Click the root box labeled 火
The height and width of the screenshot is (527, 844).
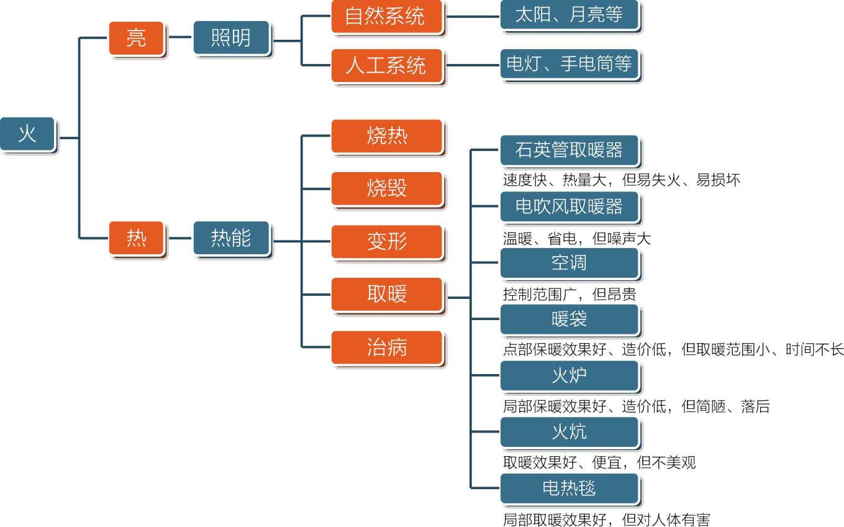(27, 134)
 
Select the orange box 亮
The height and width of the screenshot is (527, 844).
(137, 39)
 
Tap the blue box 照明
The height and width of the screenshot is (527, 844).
(232, 39)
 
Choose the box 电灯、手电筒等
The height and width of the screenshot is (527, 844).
(569, 64)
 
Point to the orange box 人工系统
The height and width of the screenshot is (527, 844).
(387, 65)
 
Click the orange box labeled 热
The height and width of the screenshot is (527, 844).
(137, 238)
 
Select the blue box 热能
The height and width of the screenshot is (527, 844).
(232, 238)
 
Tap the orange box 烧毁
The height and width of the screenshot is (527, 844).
(387, 188)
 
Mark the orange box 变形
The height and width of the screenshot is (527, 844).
(387, 241)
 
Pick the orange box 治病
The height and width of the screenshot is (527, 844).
(387, 347)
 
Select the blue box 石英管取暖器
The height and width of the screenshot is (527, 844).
(569, 150)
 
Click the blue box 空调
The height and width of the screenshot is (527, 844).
(569, 263)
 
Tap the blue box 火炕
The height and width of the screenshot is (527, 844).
(569, 432)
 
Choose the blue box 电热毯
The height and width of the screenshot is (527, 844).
(569, 488)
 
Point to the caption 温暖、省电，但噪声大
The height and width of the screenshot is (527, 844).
(576, 239)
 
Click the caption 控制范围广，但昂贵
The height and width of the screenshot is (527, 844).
(569, 294)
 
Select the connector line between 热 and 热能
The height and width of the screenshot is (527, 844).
(179, 238)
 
